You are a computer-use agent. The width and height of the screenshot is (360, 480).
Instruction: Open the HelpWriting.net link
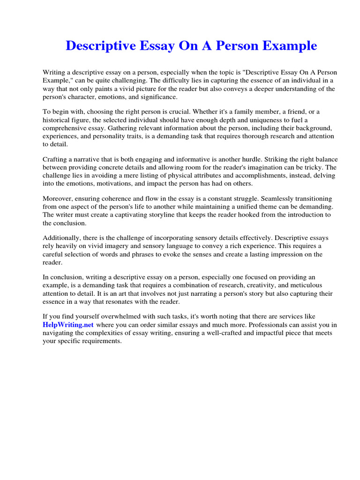coord(68,324)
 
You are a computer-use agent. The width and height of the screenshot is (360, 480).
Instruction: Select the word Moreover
coord(59,199)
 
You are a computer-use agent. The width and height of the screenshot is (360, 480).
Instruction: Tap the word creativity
coord(247,285)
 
